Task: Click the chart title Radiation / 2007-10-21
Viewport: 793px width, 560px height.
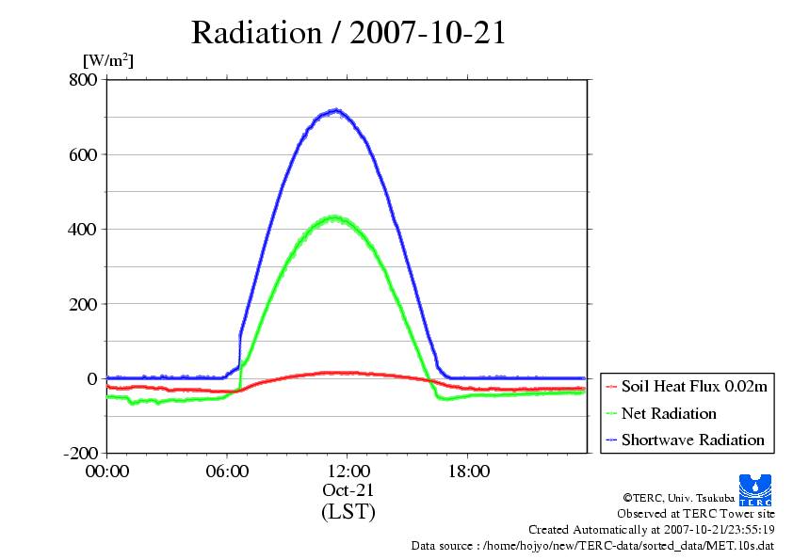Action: [x=348, y=33]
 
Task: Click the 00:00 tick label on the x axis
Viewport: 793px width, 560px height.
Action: [x=106, y=472]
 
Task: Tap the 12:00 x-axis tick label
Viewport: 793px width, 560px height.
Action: [x=348, y=472]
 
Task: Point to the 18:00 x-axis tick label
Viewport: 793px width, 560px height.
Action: [x=468, y=472]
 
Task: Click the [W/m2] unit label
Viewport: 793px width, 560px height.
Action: [x=108, y=61]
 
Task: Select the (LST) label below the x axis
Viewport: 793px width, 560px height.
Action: [x=348, y=512]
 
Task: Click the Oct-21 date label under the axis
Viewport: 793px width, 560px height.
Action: [x=348, y=490]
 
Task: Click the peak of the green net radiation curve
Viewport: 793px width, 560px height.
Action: [x=333, y=217]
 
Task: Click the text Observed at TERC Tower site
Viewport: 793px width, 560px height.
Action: [x=696, y=514]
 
